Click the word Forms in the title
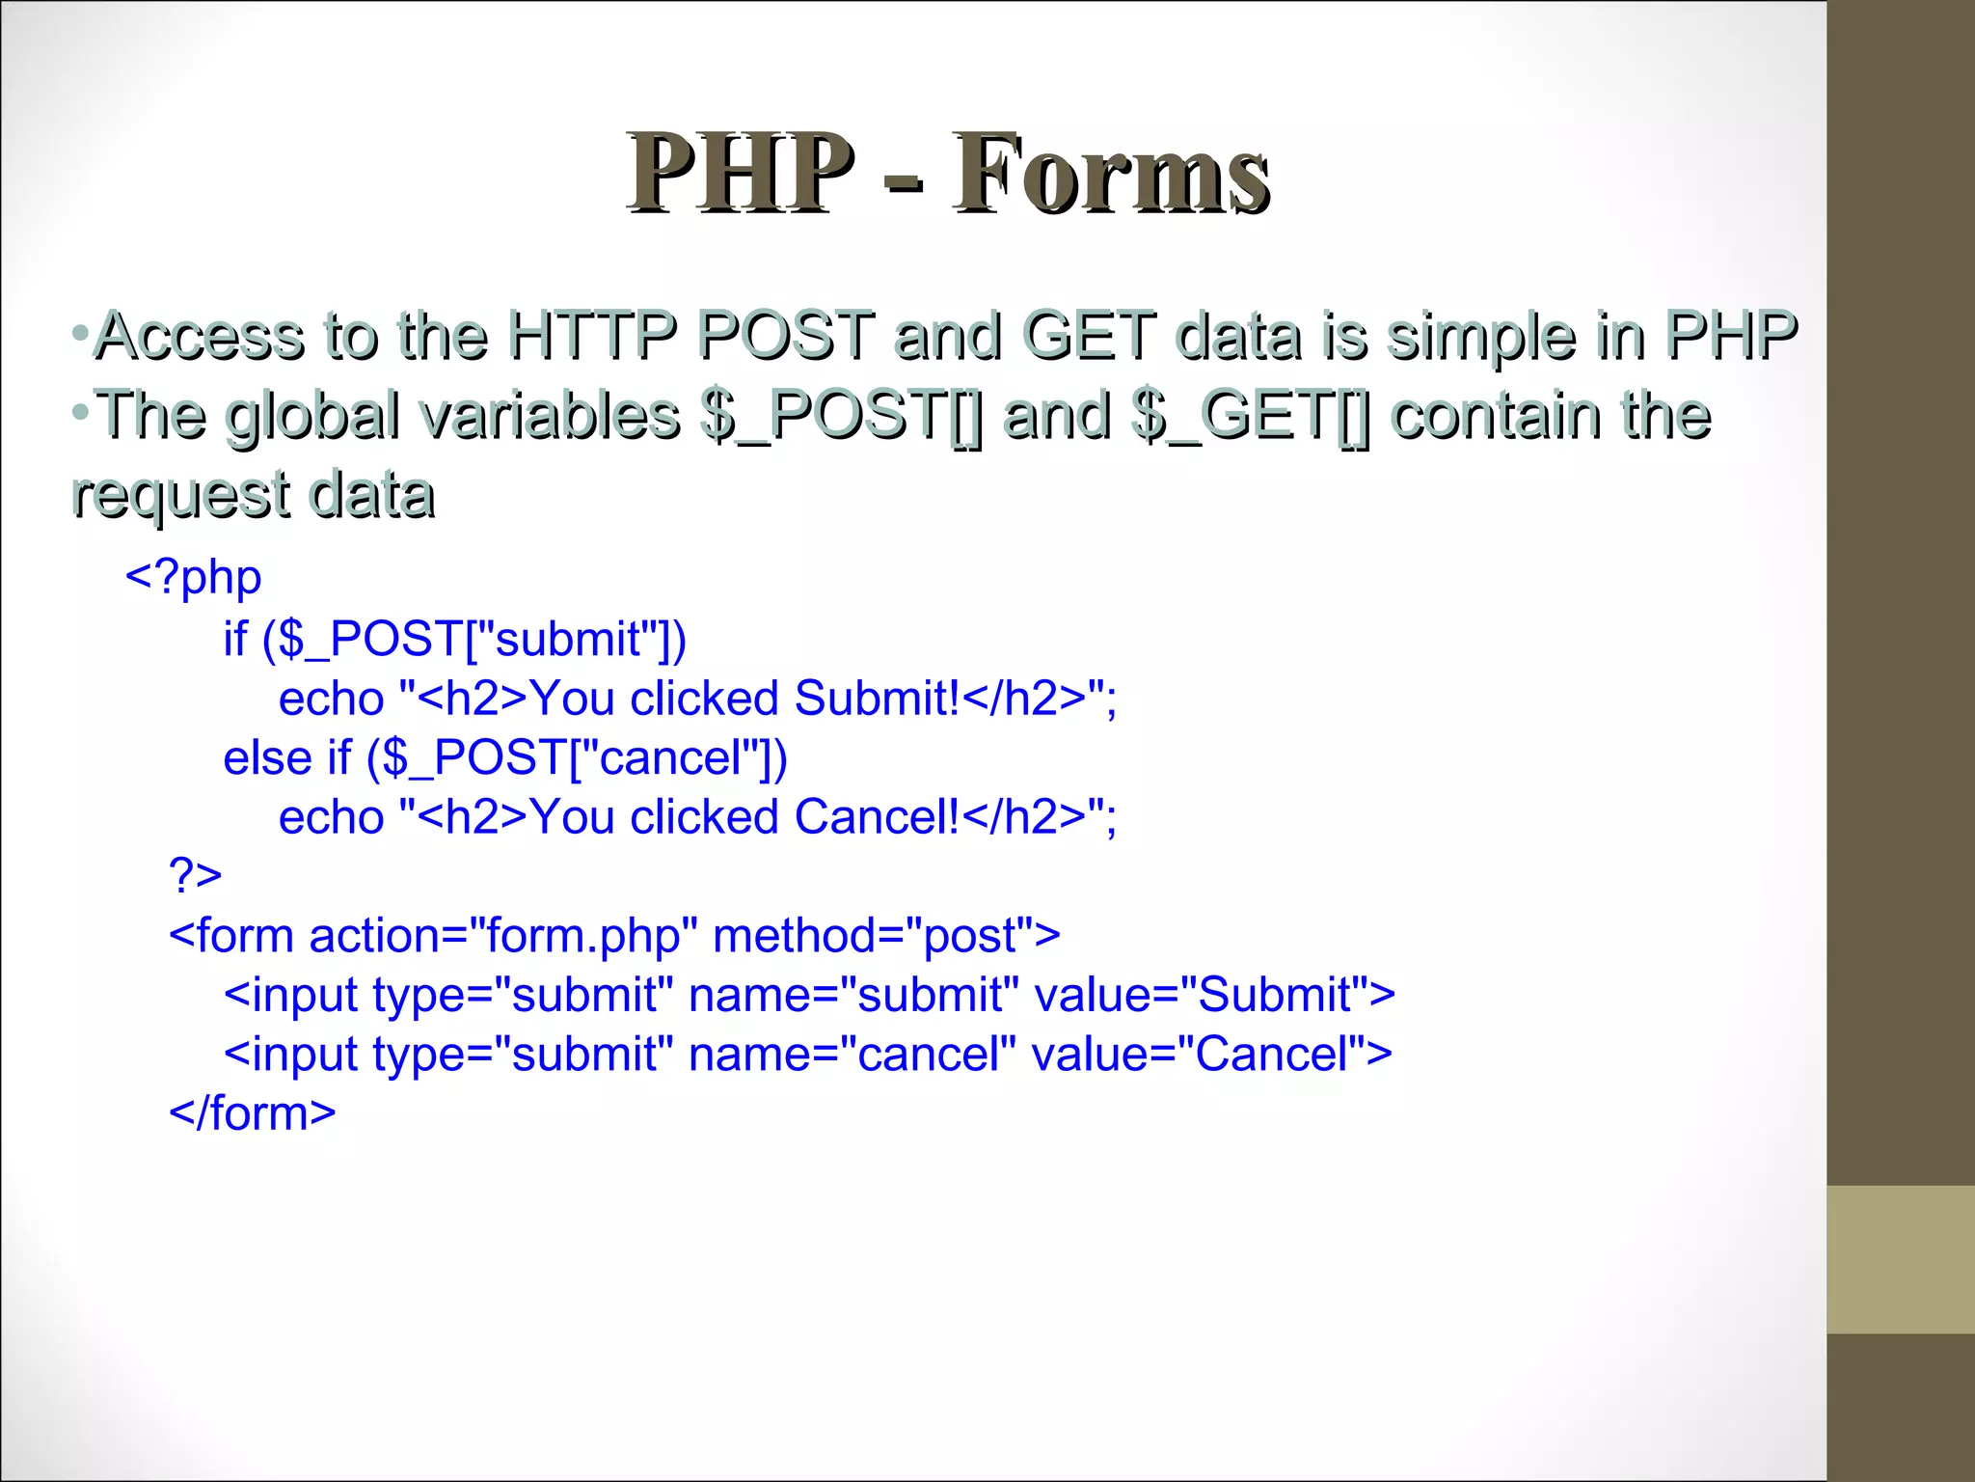tap(1111, 175)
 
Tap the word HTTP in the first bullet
tap(591, 337)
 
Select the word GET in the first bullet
tap(1088, 337)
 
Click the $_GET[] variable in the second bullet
tap(1250, 416)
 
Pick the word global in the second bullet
tap(312, 416)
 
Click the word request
tap(180, 495)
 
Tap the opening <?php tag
tap(194, 578)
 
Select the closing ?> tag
tap(195, 875)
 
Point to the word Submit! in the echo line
tap(878, 698)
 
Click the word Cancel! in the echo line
tap(878, 816)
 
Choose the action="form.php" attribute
tap(503, 935)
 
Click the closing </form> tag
tap(253, 1113)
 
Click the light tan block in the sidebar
tap(1901, 1259)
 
